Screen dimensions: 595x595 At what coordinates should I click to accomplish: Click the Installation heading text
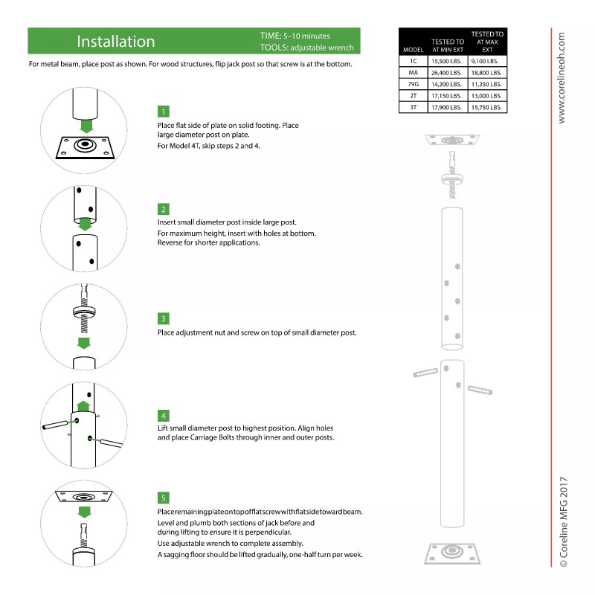(116, 42)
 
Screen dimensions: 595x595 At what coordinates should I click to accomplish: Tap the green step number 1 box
(163, 112)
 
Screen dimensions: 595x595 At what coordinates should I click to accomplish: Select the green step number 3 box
(163, 318)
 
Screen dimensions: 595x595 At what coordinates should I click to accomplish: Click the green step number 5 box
(163, 498)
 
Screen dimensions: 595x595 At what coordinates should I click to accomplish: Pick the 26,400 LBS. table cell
(446, 73)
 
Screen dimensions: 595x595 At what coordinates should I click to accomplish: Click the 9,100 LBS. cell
(487, 61)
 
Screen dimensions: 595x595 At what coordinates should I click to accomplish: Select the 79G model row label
(413, 85)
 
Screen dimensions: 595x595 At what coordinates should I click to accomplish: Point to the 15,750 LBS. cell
(487, 107)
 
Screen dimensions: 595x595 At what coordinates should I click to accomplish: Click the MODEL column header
(413, 49)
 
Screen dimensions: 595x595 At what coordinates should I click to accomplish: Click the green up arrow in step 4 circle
(84, 405)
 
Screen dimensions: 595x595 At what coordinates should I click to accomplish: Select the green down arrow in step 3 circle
(84, 343)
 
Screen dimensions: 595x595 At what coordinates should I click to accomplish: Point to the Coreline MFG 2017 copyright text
(563, 521)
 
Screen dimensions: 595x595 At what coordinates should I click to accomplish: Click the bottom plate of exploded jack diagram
(449, 554)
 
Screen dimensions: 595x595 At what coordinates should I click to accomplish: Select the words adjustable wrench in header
(321, 48)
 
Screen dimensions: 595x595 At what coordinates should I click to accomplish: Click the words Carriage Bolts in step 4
(253, 438)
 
